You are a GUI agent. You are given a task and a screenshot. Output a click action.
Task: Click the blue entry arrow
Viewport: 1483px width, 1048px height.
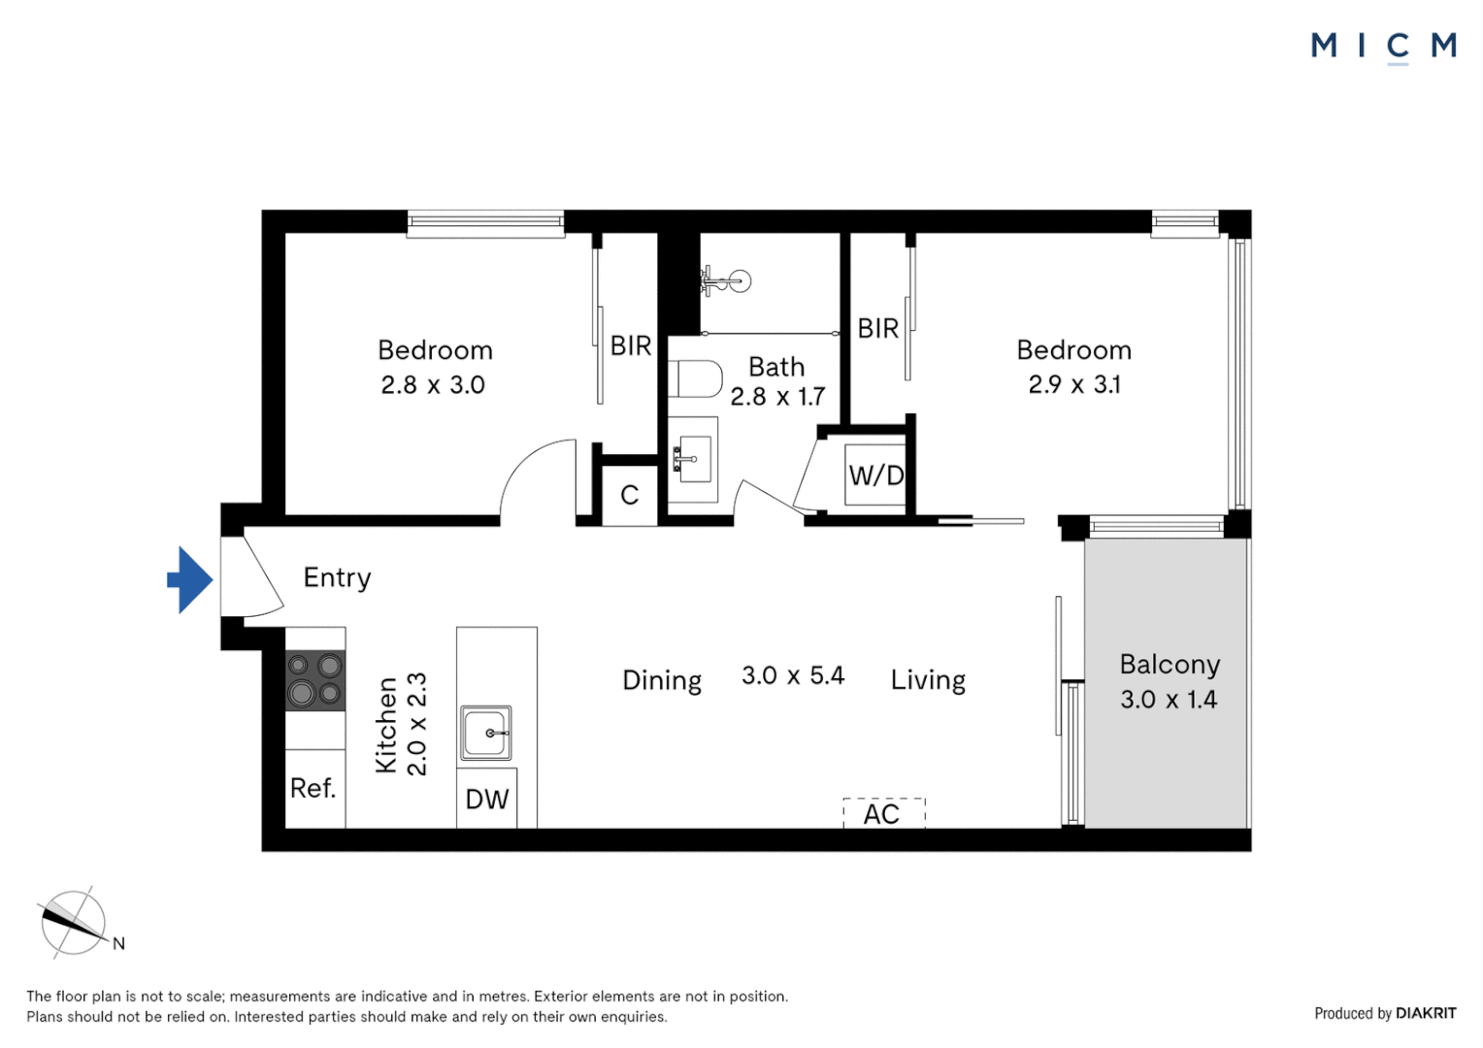click(190, 580)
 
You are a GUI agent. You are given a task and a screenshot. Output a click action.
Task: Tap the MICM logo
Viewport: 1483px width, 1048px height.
click(1383, 46)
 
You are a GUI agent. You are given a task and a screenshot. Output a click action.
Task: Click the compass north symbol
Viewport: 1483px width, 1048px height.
click(74, 923)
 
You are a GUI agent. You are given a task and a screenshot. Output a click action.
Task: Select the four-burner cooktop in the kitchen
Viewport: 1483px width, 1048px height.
click(314, 679)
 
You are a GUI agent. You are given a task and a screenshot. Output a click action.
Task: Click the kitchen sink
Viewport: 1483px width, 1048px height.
click(485, 733)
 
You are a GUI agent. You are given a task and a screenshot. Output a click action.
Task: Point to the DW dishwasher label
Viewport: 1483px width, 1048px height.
click(487, 800)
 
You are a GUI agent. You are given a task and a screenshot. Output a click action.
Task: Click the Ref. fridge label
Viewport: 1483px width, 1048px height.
click(313, 788)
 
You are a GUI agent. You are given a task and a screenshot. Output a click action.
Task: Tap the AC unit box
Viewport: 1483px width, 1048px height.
click(883, 813)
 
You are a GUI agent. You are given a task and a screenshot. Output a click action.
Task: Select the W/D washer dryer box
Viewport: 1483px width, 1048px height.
click(875, 475)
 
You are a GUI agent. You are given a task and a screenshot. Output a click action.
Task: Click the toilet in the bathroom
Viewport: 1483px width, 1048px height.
click(697, 379)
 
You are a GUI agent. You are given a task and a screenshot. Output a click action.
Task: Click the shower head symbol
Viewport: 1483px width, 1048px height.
click(727, 281)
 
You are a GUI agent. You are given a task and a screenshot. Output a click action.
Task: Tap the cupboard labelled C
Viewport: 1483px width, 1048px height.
click(629, 496)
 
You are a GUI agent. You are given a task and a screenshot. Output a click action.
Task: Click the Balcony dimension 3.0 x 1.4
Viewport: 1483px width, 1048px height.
click(1169, 700)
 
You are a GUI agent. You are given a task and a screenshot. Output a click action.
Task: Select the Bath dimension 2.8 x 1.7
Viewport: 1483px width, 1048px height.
click(777, 397)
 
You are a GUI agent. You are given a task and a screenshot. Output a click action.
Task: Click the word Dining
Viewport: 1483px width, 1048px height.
click(662, 680)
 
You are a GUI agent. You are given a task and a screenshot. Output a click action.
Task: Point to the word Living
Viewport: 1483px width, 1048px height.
click(928, 680)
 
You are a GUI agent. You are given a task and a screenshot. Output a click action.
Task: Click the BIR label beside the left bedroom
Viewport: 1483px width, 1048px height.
click(631, 345)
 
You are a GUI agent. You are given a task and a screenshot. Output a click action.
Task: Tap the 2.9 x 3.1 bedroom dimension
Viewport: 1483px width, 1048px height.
click(1074, 385)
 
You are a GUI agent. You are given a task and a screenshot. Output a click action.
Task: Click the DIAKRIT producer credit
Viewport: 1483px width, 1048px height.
click(1425, 1013)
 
